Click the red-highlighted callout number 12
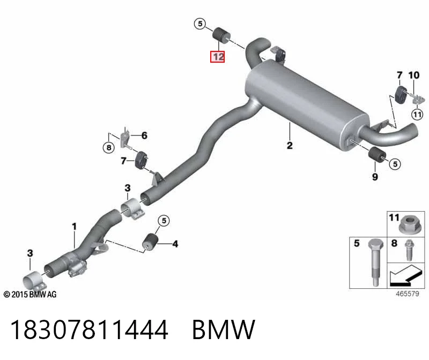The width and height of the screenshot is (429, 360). click(218, 57)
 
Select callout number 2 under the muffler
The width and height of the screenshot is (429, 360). click(290, 145)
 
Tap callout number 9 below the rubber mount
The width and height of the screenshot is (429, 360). click(375, 177)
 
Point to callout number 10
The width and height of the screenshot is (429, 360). click(413, 75)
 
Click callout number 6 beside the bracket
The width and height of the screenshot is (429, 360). click(144, 136)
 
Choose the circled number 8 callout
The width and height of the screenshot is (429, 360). click(109, 148)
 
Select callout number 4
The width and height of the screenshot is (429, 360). click(175, 244)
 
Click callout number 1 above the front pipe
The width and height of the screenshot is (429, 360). click(74, 226)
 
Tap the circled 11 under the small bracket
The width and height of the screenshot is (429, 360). click(417, 114)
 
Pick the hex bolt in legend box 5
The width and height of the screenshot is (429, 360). click(375, 262)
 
